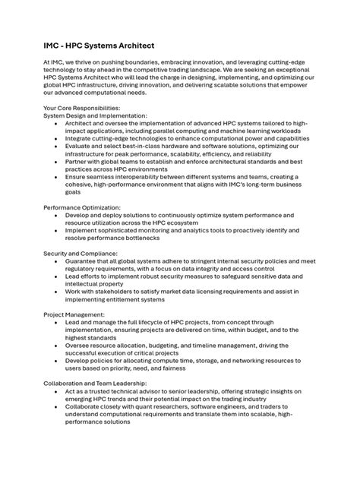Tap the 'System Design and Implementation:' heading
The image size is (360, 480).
pos(96,115)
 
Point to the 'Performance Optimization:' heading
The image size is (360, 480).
pos(82,207)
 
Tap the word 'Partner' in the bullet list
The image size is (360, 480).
pos(80,161)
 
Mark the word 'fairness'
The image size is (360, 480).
pos(188,368)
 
